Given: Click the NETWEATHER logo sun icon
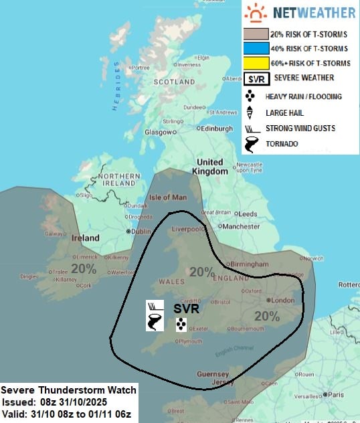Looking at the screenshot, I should pyautogui.click(x=255, y=13).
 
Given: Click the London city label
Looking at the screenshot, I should pyautogui.click(x=284, y=300).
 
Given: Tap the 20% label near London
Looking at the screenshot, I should pyautogui.click(x=266, y=316).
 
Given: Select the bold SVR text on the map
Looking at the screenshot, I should pyautogui.click(x=187, y=309).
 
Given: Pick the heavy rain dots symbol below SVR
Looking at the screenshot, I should pyautogui.click(x=180, y=325).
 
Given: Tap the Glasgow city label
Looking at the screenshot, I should pyautogui.click(x=159, y=133).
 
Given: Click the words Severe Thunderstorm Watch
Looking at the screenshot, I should pyautogui.click(x=69, y=390).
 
